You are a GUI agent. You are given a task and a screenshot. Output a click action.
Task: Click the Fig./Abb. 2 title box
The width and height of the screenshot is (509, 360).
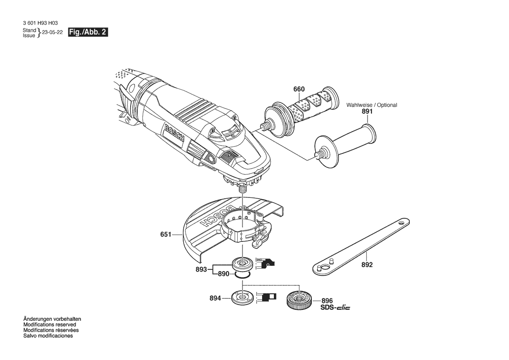pos(88,32)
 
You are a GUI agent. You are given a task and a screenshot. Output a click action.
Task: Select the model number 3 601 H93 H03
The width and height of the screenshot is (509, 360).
pos(40,24)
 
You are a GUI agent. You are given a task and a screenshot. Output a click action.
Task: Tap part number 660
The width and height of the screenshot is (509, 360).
pos(299,89)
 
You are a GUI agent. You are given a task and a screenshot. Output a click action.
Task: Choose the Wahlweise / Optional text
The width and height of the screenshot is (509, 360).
pos(372,105)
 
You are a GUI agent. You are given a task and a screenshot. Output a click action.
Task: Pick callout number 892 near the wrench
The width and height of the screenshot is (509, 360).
pos(367,265)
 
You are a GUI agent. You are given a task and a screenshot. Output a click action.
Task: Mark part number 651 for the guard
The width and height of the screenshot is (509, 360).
pos(166,234)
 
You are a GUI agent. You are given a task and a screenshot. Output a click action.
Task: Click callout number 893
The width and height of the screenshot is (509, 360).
pos(201,269)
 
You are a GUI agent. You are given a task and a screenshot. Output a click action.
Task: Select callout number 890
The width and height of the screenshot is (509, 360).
pos(224,274)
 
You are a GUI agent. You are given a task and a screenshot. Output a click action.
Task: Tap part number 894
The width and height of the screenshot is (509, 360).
pos(215,298)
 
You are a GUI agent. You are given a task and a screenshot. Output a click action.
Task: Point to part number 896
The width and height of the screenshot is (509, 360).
pos(327,301)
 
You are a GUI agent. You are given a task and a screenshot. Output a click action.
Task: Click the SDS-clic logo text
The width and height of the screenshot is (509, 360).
pos(335,307)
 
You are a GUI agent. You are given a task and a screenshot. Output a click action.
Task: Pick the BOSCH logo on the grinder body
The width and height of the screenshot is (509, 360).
pos(174,133)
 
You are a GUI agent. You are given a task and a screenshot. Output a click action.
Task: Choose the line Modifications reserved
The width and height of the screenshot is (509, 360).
pos(50,325)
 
